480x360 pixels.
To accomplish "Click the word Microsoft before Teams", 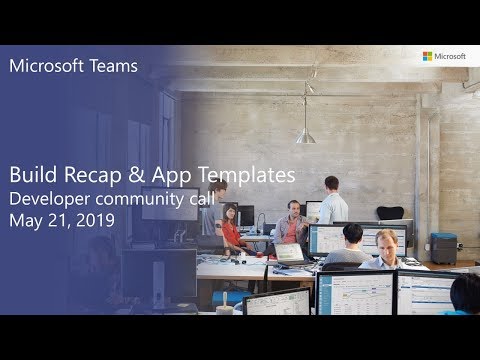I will [x=46, y=68].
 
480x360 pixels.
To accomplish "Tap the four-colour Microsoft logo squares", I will [x=428, y=57].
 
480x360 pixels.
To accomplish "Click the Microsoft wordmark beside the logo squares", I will [x=451, y=57].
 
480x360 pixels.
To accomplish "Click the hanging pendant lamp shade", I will [x=306, y=135].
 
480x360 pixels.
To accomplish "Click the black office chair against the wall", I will [x=390, y=214].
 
